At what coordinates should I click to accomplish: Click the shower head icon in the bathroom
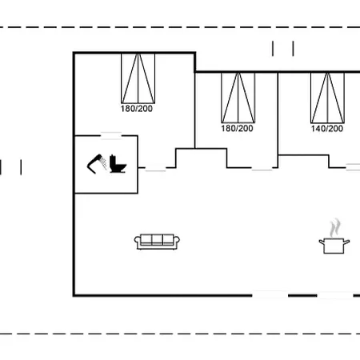click(97, 164)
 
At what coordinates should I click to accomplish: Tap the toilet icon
click(118, 163)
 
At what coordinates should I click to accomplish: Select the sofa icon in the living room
click(157, 242)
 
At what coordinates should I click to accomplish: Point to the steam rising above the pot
click(334, 228)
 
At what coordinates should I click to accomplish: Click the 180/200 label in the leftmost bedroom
click(137, 109)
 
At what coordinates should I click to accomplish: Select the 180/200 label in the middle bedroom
click(237, 129)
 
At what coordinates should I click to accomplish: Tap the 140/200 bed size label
click(327, 129)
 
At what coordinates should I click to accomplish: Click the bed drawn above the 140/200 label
click(327, 98)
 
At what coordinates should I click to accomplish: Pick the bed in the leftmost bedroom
click(138, 78)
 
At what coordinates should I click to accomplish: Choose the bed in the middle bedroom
click(238, 98)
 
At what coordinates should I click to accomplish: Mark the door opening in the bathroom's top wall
click(111, 136)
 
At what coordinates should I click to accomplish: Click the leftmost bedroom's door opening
click(155, 168)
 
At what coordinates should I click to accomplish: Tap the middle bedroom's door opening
click(262, 168)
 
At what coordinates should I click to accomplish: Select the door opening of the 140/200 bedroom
click(353, 167)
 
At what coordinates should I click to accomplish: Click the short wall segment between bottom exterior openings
click(302, 295)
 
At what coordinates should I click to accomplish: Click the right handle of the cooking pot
click(346, 242)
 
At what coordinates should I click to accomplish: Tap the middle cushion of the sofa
click(157, 239)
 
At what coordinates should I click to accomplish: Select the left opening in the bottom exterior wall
click(270, 295)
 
